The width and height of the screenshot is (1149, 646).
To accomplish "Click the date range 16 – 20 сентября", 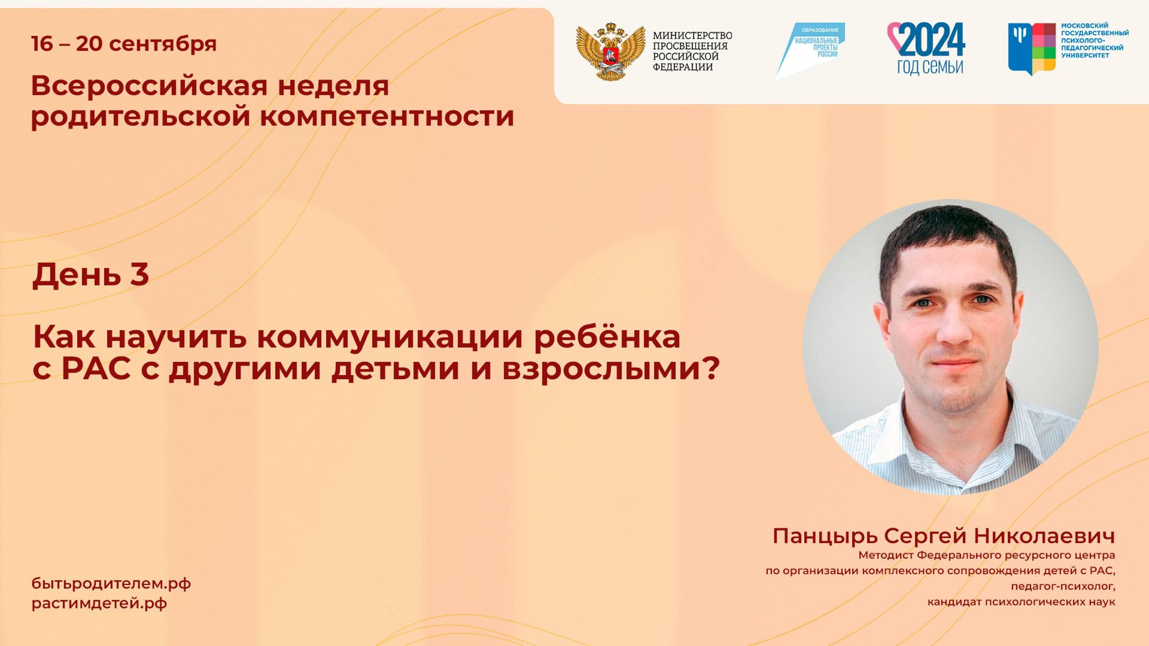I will tap(124, 44).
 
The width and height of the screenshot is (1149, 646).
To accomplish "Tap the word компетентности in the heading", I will tap(387, 116).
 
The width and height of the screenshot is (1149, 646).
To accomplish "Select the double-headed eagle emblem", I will tap(610, 52).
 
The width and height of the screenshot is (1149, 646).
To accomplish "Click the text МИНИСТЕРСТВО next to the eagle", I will tap(692, 36).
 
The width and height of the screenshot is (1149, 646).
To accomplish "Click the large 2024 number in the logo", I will tap(931, 39).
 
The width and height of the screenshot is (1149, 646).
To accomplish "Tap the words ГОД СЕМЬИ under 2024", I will tap(930, 67).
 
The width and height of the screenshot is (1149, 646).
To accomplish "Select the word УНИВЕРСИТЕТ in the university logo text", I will tap(1085, 56).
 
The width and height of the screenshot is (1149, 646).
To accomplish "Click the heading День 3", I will tap(90, 275).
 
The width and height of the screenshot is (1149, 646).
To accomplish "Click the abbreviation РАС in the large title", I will tap(96, 368).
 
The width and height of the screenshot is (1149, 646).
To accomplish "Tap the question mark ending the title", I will tap(710, 368).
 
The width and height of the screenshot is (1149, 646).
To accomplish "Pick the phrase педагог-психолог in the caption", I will tap(1063, 586).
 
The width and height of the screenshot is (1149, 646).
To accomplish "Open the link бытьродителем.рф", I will tap(111, 584).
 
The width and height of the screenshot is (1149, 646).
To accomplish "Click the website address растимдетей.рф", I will tap(99, 604).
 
